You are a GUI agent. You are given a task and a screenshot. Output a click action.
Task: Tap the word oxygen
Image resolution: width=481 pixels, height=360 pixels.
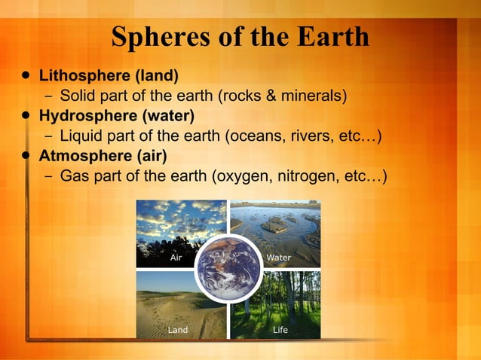(242, 177)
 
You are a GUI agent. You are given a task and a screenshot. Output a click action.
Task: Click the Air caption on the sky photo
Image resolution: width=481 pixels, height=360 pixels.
(176, 258)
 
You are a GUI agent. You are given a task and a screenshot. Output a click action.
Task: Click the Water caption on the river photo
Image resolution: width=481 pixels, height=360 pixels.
(278, 258)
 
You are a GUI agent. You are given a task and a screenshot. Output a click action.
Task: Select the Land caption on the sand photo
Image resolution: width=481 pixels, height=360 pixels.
(177, 330)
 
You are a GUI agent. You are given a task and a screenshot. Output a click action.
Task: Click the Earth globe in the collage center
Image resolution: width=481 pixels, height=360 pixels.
(228, 268)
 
